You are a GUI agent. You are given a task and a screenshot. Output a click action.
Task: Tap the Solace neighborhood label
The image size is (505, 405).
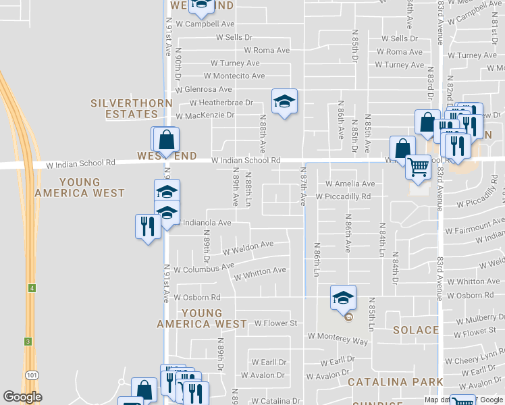[x=416, y=330]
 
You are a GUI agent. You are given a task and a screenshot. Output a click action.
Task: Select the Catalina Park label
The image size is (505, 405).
[x=395, y=382]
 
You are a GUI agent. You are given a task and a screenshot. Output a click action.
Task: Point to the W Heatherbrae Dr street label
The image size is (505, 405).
[x=221, y=103]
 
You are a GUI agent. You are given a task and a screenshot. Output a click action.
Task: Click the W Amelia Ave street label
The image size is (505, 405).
[x=350, y=184]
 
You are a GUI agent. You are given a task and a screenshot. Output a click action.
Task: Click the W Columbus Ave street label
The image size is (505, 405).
[x=204, y=268]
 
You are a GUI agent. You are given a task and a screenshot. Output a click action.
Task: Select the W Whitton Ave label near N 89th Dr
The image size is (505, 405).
[x=260, y=275]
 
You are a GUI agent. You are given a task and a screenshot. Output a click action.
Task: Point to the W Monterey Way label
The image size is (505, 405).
[x=338, y=339]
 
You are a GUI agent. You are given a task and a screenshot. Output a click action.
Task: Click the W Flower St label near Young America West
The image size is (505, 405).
[x=275, y=323]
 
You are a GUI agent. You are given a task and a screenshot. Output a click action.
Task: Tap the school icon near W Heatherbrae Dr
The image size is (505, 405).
[x=284, y=102]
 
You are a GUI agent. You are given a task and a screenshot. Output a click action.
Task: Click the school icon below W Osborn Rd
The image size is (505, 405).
[x=343, y=297]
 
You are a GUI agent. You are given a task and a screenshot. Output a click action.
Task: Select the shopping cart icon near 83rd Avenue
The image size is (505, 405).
[x=418, y=165]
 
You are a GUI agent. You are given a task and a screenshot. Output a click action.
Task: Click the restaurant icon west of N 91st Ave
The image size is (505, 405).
[x=147, y=226]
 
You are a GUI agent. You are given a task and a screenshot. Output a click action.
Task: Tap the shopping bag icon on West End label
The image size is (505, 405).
[x=167, y=140]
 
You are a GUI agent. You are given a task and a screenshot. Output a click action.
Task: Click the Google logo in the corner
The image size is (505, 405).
[x=22, y=397]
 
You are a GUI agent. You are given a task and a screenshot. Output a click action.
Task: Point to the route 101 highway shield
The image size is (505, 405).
[x=32, y=374]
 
